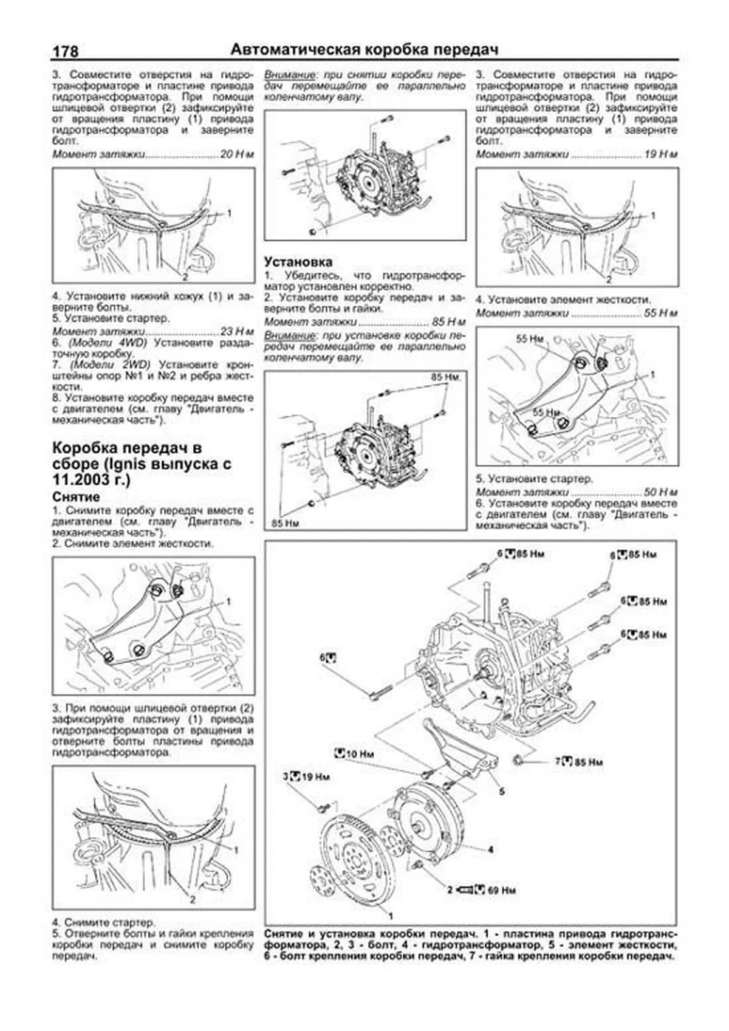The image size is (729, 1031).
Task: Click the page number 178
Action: [66, 52]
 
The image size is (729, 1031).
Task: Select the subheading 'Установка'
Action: [298, 262]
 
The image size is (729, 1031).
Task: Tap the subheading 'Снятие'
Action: [76, 496]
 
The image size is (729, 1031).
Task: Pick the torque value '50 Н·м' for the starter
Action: [660, 492]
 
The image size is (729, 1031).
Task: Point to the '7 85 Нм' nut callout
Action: [578, 761]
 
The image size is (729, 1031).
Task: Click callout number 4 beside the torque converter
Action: [490, 849]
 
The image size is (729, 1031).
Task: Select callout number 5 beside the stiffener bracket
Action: [502, 792]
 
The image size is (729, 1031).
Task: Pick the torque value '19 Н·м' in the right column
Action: [660, 155]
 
